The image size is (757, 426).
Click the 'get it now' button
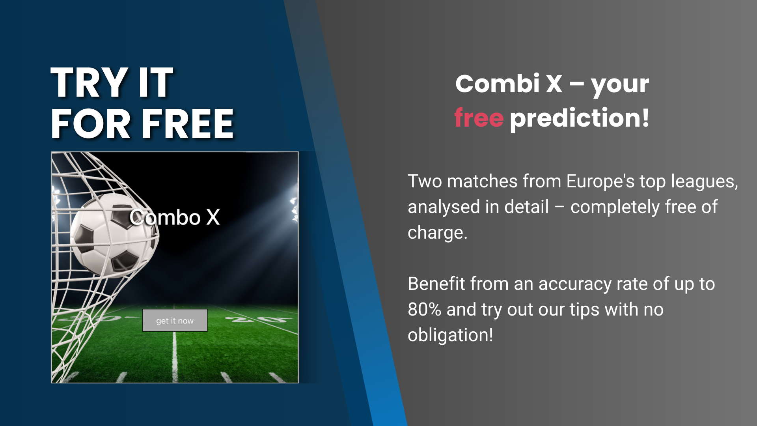175,320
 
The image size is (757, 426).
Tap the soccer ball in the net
114,235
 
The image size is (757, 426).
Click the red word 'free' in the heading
479,118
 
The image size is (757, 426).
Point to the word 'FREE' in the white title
188,124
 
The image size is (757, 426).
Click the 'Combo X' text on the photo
175,217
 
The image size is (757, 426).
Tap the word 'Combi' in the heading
497,84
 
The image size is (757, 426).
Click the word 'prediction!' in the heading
580,118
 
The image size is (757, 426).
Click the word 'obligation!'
450,335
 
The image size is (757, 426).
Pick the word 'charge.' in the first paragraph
438,233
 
